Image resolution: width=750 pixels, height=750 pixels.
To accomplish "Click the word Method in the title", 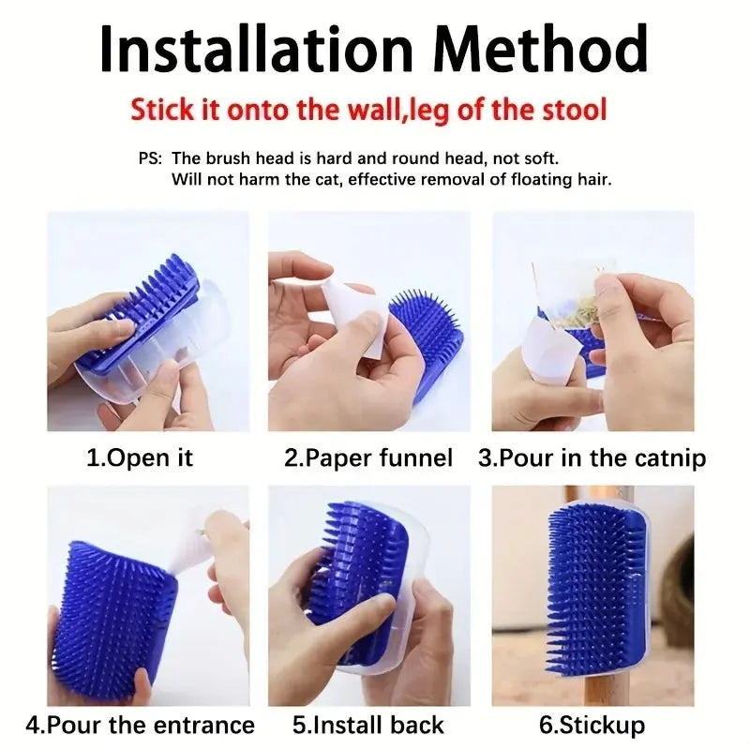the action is click(x=540, y=51).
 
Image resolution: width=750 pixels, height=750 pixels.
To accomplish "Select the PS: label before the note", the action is click(x=150, y=158).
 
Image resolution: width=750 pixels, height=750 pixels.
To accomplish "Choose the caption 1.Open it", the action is click(x=139, y=458).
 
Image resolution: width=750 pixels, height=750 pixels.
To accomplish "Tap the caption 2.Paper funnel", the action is click(x=368, y=458).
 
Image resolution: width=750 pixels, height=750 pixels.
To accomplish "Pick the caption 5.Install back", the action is click(x=367, y=725).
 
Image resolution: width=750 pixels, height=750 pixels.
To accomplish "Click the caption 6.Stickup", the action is click(x=592, y=726).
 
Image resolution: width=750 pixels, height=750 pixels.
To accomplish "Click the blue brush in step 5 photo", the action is click(x=359, y=574).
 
